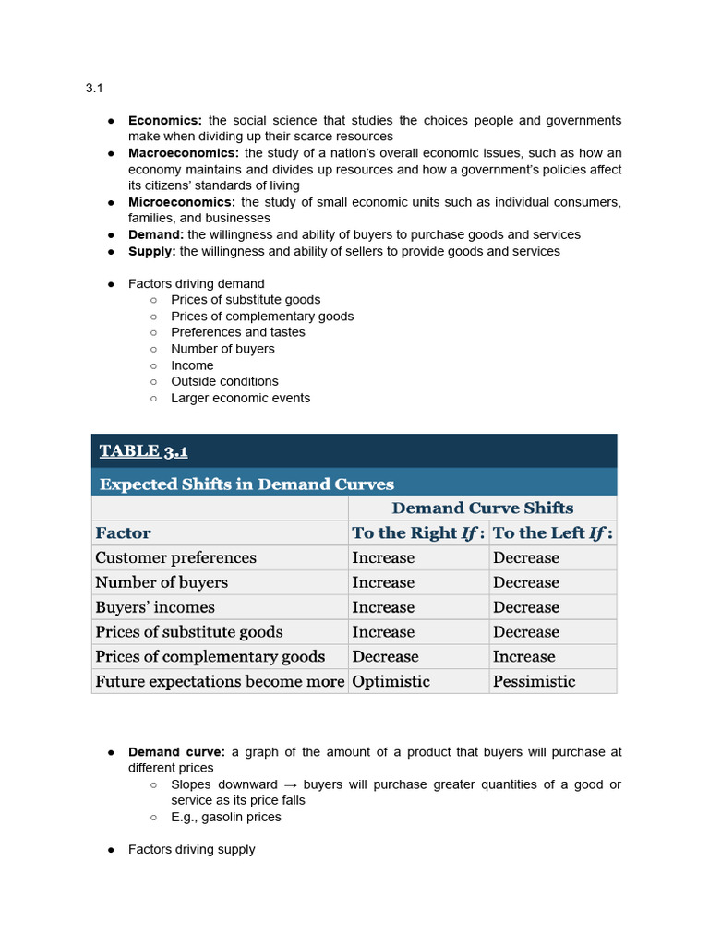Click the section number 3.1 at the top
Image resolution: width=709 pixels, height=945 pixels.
tap(94, 89)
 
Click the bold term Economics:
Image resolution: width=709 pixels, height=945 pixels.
tap(164, 121)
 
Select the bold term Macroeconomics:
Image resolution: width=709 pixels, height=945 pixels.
tap(183, 153)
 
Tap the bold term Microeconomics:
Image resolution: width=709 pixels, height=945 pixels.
tap(181, 202)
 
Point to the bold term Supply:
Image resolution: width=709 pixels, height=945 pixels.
tap(151, 251)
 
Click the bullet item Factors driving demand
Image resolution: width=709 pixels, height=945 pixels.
tap(196, 283)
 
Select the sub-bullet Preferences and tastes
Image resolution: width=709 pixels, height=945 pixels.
tap(237, 332)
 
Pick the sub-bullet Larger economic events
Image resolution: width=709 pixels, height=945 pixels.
tap(240, 398)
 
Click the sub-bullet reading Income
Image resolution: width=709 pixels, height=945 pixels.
tap(192, 365)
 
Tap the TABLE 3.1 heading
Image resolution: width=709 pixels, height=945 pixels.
tap(143, 451)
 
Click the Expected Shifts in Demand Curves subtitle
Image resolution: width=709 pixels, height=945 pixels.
tap(246, 484)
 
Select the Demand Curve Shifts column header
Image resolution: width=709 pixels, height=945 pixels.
tap(482, 508)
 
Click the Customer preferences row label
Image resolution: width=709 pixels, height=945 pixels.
tap(175, 557)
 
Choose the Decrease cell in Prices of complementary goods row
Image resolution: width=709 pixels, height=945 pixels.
tap(385, 656)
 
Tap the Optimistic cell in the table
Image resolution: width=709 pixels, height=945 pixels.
tap(391, 681)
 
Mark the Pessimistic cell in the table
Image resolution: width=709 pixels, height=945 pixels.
tap(534, 681)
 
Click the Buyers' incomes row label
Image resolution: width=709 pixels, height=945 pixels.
tap(155, 607)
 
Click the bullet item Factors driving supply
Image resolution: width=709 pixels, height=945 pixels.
tap(191, 849)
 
